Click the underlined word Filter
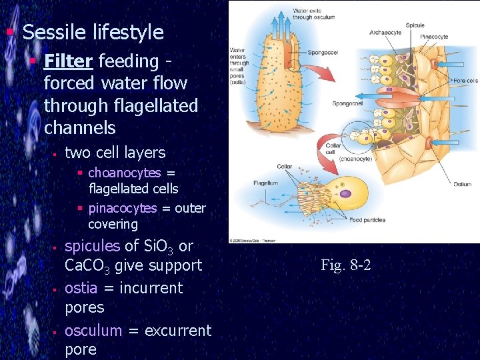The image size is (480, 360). pyautogui.click(x=68, y=61)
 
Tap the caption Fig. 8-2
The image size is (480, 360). pyautogui.click(x=345, y=265)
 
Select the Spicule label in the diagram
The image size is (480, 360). pyautogui.click(x=415, y=25)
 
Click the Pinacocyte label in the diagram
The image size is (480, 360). pyautogui.click(x=434, y=36)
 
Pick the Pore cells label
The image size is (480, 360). pyautogui.click(x=465, y=81)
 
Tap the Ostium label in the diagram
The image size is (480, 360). pyautogui.click(x=462, y=184)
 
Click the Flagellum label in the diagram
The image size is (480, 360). pyautogui.click(x=265, y=183)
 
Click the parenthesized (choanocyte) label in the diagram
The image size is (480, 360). pyautogui.click(x=355, y=159)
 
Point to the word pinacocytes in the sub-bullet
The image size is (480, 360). pyautogui.click(x=123, y=209)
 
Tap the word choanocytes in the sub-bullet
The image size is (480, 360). pyautogui.click(x=124, y=173)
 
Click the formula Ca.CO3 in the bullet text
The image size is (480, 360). pyautogui.click(x=87, y=265)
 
